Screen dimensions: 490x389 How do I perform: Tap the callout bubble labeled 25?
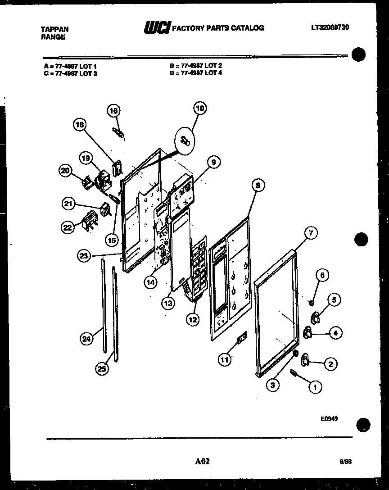pyautogui.click(x=102, y=369)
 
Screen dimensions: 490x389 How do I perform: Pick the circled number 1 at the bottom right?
pyautogui.click(x=315, y=386)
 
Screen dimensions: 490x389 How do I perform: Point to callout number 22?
pyautogui.click(x=67, y=228)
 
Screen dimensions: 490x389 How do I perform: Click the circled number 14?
pyautogui.click(x=151, y=282)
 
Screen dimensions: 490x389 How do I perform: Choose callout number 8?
pyautogui.click(x=258, y=185)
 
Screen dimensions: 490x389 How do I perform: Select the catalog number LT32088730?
pyautogui.click(x=330, y=27)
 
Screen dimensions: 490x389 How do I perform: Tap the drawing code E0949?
pyautogui.click(x=329, y=418)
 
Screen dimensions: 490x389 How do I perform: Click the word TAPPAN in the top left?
pyautogui.click(x=54, y=29)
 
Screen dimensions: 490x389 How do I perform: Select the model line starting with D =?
pyautogui.click(x=196, y=72)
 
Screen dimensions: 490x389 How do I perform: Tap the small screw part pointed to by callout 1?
pyautogui.click(x=294, y=373)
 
